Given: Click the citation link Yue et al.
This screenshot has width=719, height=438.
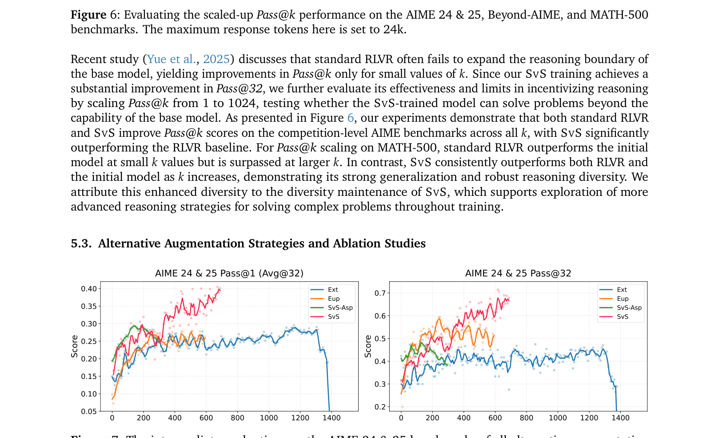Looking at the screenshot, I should pos(171,59).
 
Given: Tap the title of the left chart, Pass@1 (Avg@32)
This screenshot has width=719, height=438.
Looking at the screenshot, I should pos(229,273).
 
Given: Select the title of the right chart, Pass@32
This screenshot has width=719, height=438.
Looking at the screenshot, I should pos(518,273).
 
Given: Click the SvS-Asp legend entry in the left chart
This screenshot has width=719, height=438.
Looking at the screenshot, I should pos(340,307).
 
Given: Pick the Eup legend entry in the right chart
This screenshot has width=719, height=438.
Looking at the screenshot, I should pos(622,299).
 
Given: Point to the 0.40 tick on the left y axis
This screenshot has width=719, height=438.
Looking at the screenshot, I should pos(88,289).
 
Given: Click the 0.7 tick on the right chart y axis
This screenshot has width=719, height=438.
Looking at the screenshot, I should pos(380,293).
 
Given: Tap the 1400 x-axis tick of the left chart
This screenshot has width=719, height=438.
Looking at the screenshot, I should pos(332,418).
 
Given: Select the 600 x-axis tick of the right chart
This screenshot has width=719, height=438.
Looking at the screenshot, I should pos(495,418).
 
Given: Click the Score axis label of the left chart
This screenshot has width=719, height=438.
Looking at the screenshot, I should pos(75,346).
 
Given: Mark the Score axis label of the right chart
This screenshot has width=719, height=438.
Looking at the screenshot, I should pos(368,346).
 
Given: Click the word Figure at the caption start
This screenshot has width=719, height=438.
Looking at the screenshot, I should pos(88,15).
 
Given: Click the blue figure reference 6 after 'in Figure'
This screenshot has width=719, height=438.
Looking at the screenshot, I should pos(350,118).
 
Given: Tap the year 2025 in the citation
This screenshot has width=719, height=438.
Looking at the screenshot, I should pos(216,59).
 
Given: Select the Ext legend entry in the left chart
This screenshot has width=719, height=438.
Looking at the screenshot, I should pos(333,290).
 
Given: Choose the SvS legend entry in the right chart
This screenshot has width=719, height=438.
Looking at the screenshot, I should pos(622,317).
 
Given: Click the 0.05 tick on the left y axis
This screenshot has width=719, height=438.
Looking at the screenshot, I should pos(88,411).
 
